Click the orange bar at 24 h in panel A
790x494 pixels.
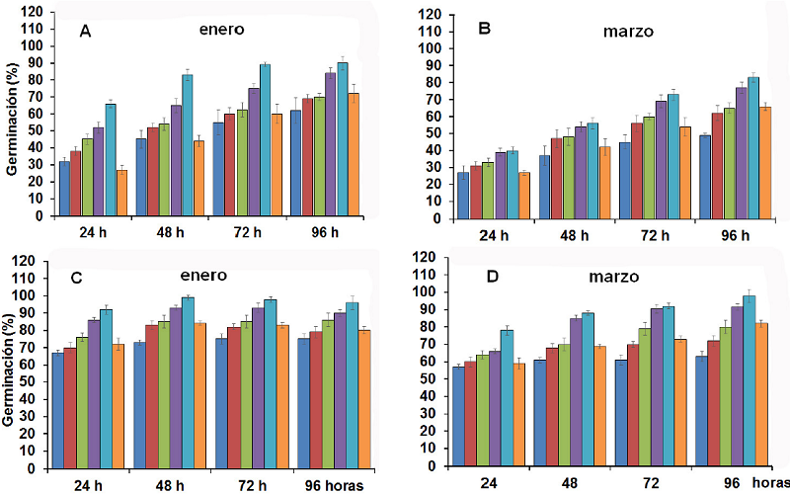(x=122, y=193)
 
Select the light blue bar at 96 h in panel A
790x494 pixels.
(x=343, y=139)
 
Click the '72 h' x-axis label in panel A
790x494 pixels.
(x=240, y=234)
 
